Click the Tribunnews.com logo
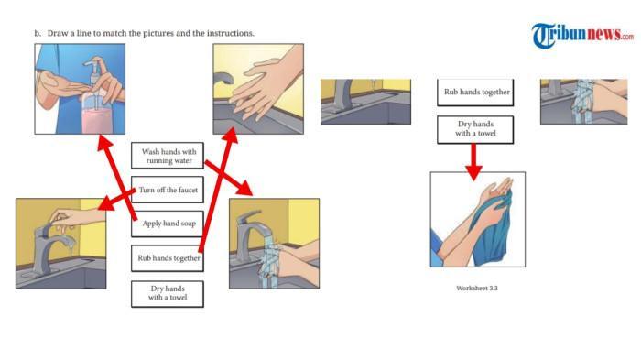582,35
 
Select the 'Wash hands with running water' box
168,156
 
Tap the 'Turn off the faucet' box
168,190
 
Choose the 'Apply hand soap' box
168,224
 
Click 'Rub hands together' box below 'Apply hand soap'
168,258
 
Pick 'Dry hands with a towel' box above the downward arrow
475,129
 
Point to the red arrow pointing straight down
473,162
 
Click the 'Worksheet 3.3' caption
477,288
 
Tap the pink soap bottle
96,115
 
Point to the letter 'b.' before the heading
38,33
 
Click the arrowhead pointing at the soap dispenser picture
104,143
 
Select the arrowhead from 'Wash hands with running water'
244,188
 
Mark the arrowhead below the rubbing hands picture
230,136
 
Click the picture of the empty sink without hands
365,102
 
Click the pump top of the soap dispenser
93,64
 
